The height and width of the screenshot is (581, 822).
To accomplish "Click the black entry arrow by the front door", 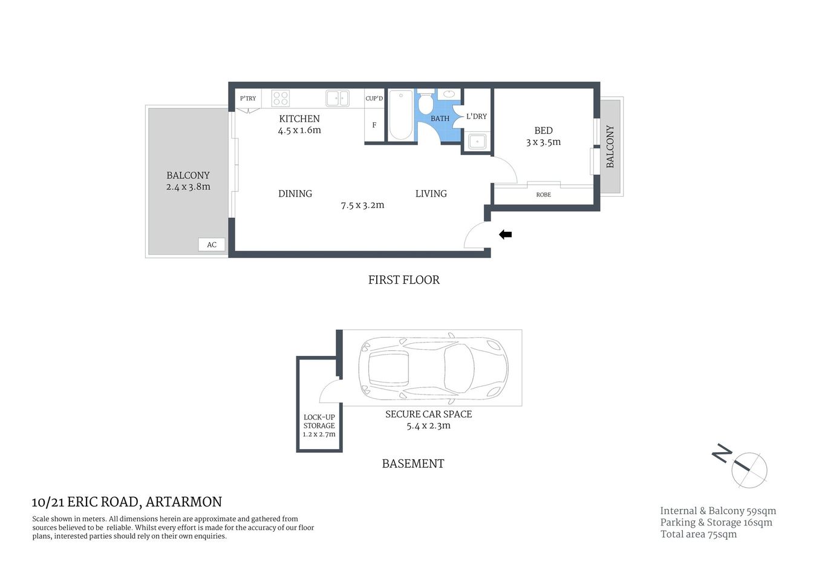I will point(505,235).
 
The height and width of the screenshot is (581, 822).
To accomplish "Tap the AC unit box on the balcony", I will point(212,245).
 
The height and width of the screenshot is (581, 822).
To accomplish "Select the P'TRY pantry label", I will point(248,99).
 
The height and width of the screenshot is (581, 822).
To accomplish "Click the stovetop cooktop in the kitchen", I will point(280,98).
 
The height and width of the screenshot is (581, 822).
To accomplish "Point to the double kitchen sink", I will point(337,98).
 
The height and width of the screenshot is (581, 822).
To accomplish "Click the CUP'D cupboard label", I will point(374,99).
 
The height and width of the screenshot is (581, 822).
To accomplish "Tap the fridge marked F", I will point(374,125).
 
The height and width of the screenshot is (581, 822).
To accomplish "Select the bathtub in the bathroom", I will point(400,115).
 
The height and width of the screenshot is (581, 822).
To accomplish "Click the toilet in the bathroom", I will point(425,103).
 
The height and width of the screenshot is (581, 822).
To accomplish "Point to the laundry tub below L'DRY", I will point(477,142).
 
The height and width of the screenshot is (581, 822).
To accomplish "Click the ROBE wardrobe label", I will point(543,195).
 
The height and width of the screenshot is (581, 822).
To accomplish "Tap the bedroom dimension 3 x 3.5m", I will point(543,142).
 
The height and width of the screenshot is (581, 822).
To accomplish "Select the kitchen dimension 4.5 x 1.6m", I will point(299,130).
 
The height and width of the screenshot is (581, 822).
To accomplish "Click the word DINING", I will point(295,194).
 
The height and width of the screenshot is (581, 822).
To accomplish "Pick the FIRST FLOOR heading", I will point(403,280).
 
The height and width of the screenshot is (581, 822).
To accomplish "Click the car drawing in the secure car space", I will point(433,367).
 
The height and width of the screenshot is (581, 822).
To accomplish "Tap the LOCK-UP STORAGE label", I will point(319,421).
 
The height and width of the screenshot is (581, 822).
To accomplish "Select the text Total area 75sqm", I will point(698,534).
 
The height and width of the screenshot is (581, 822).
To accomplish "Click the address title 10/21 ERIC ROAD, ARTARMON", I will point(126,502).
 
